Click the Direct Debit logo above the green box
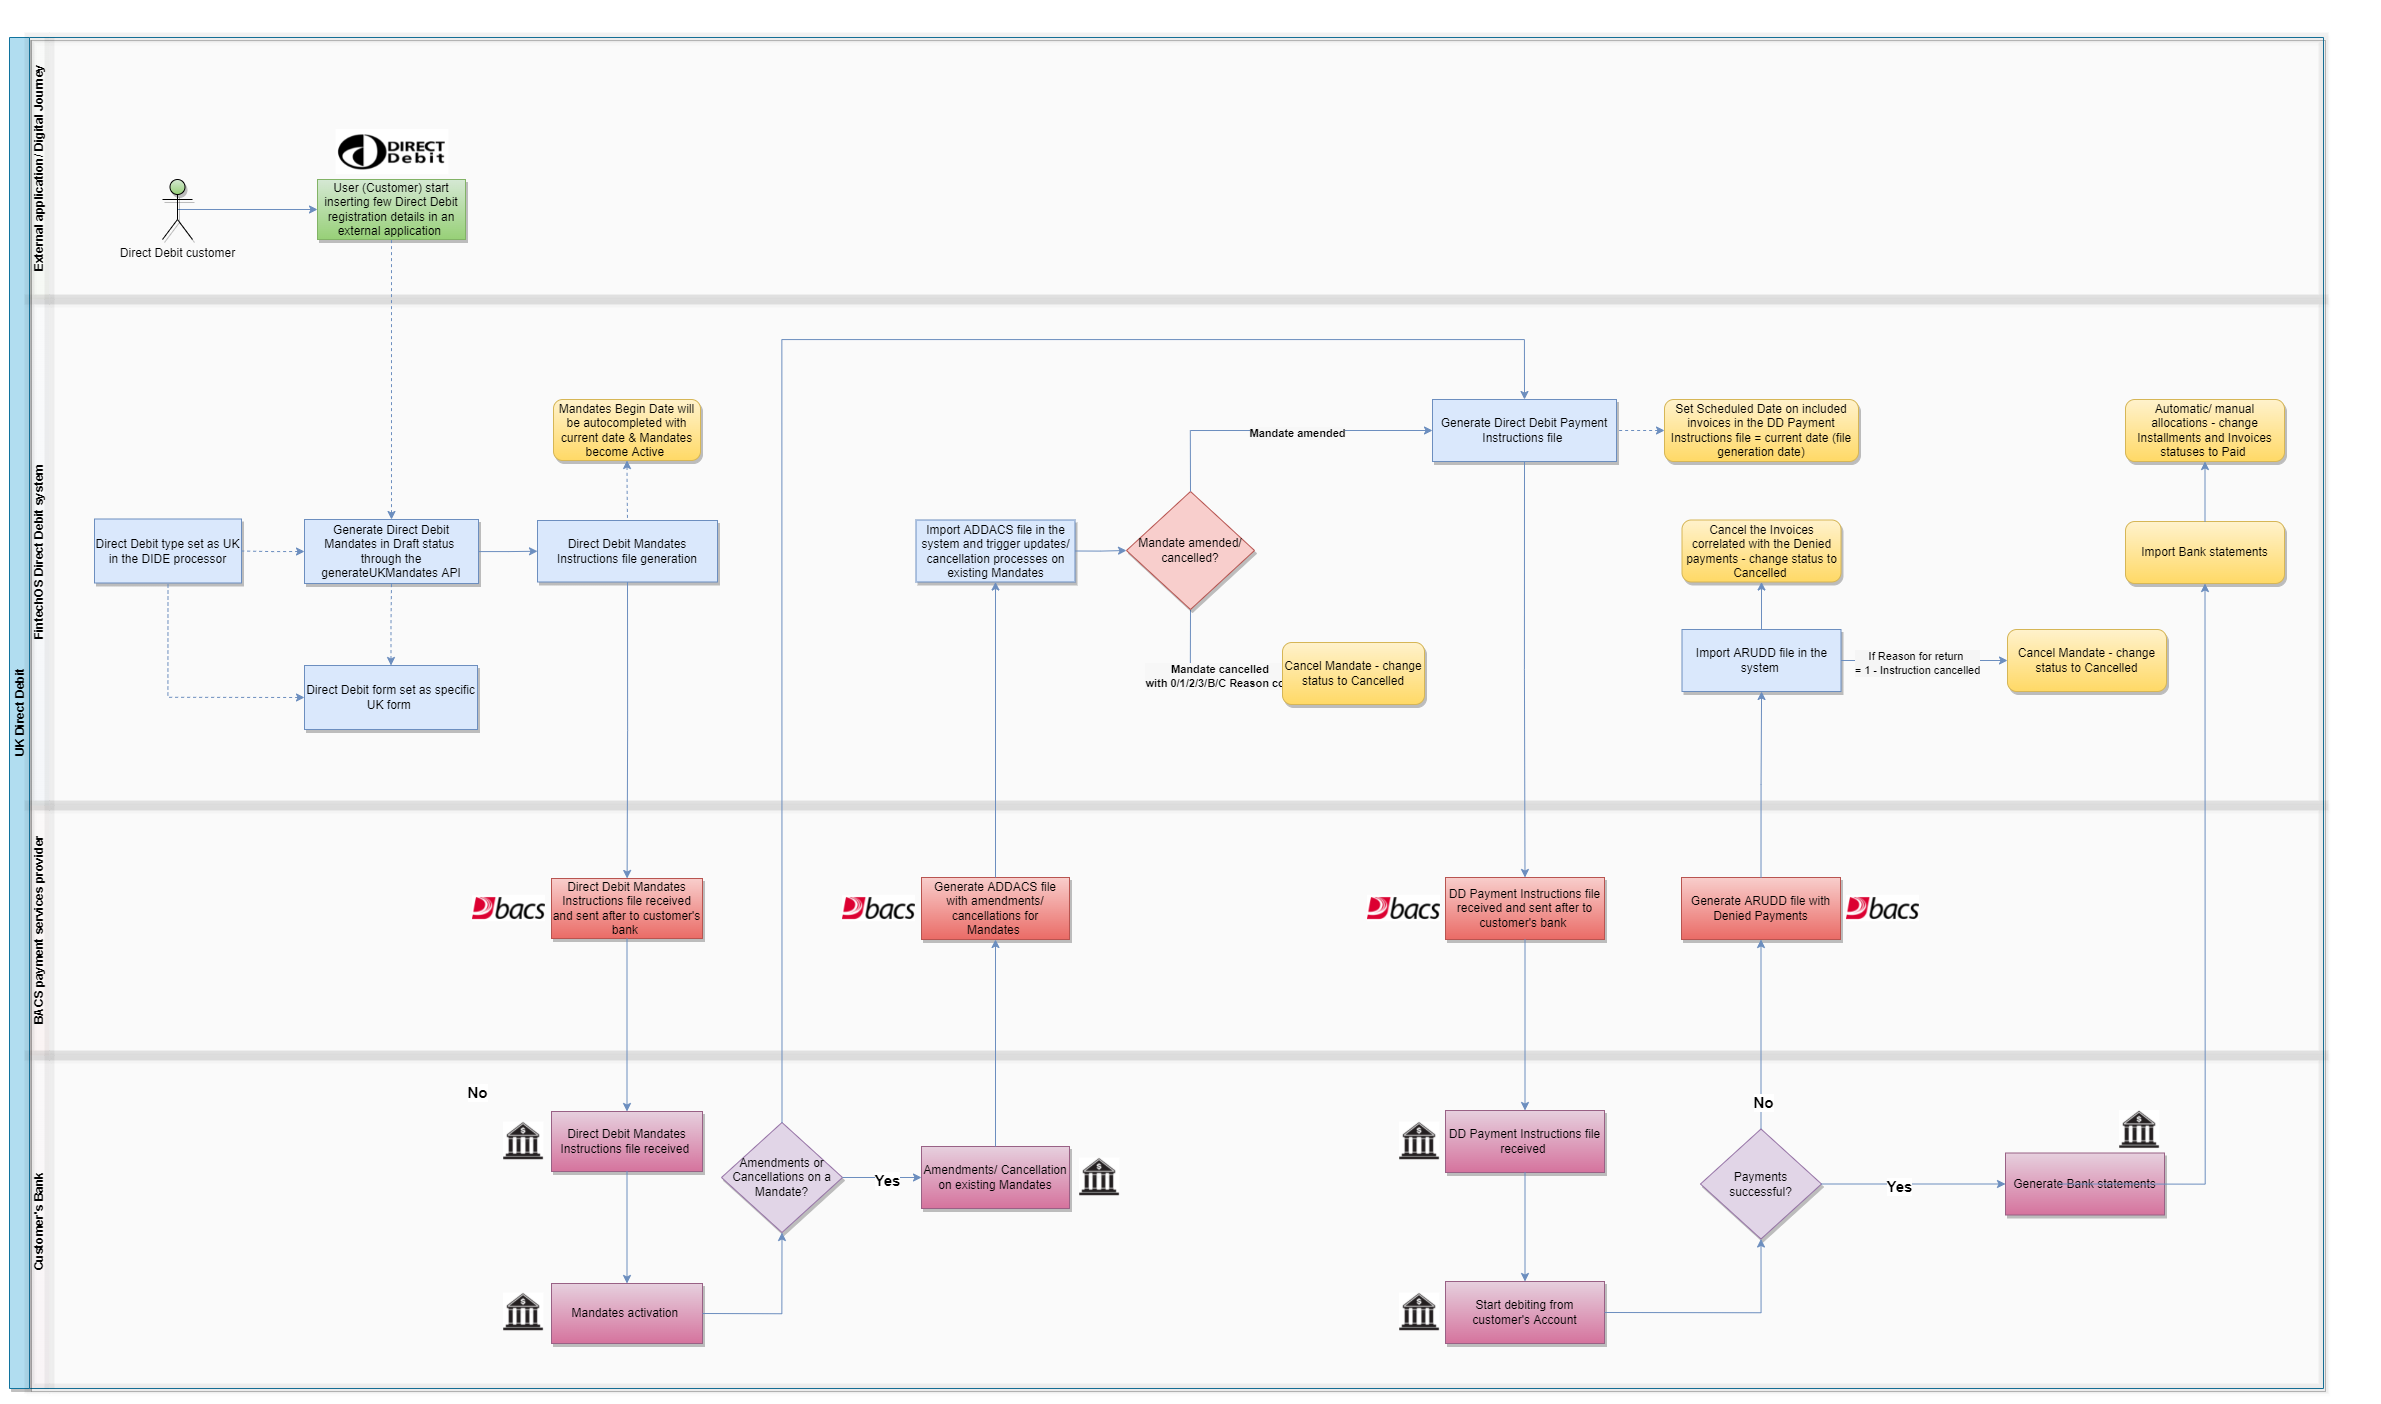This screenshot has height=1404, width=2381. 391,152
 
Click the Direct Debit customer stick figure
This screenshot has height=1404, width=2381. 178,210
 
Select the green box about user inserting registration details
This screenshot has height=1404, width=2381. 391,210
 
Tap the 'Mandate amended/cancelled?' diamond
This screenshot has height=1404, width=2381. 1190,551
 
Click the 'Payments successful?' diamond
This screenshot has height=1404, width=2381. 1760,1185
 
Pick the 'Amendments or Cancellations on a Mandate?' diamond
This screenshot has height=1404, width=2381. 781,1178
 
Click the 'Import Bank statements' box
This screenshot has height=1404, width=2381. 2204,552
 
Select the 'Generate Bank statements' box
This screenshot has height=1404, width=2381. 2084,1184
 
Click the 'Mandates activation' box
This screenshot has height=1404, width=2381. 626,1313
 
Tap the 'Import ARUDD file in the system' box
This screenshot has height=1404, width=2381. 1760,660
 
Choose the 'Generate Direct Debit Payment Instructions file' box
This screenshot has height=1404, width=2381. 1523,431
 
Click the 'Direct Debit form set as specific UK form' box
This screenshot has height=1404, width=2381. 390,698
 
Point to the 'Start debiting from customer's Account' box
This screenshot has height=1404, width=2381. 1524,1313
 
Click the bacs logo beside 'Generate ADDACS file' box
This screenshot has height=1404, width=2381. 878,908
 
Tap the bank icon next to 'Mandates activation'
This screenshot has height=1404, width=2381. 522,1311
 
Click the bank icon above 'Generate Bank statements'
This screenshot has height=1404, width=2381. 2138,1129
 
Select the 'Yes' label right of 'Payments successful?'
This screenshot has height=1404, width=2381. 1898,1187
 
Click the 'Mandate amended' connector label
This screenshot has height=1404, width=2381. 1297,433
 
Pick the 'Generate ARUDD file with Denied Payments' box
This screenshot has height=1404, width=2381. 1760,908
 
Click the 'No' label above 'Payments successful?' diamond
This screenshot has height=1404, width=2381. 1763,1103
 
